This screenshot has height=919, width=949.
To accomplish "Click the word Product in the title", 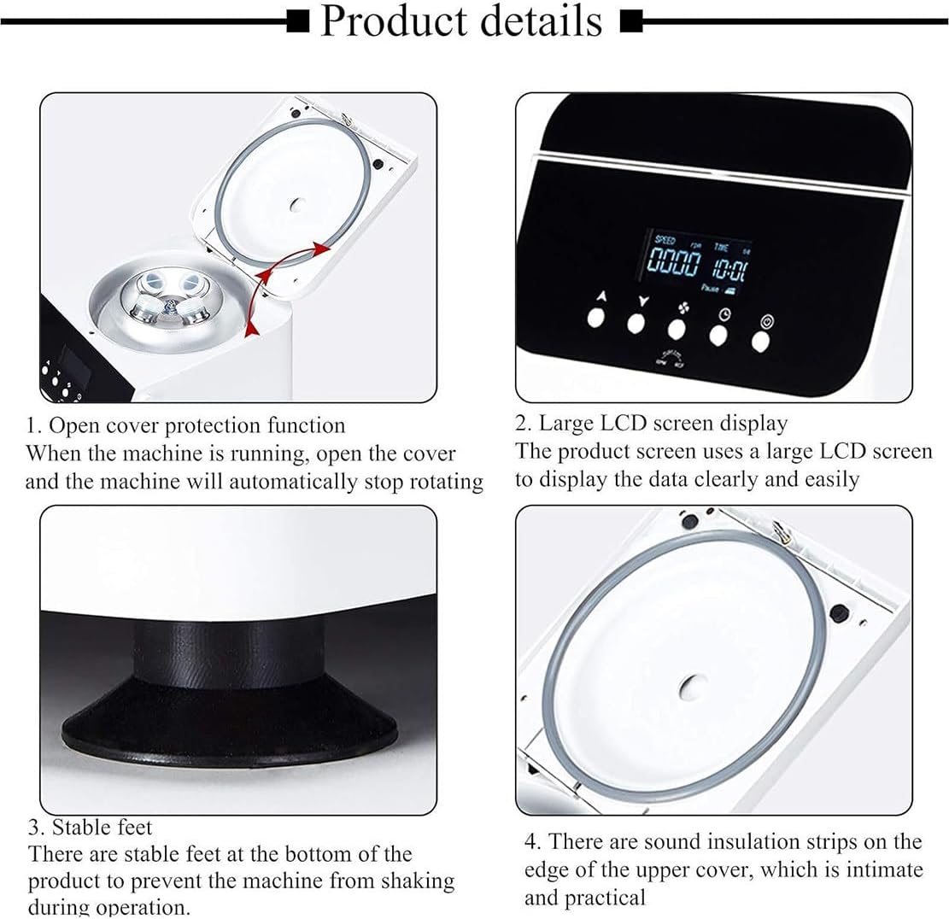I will coord(395,21).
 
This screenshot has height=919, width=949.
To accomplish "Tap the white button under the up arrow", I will coord(596,319).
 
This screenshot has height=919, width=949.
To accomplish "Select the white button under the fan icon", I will coord(677,329).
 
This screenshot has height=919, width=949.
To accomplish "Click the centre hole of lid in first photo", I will coord(298,205).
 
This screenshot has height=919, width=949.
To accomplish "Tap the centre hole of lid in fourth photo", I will coord(690,685).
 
